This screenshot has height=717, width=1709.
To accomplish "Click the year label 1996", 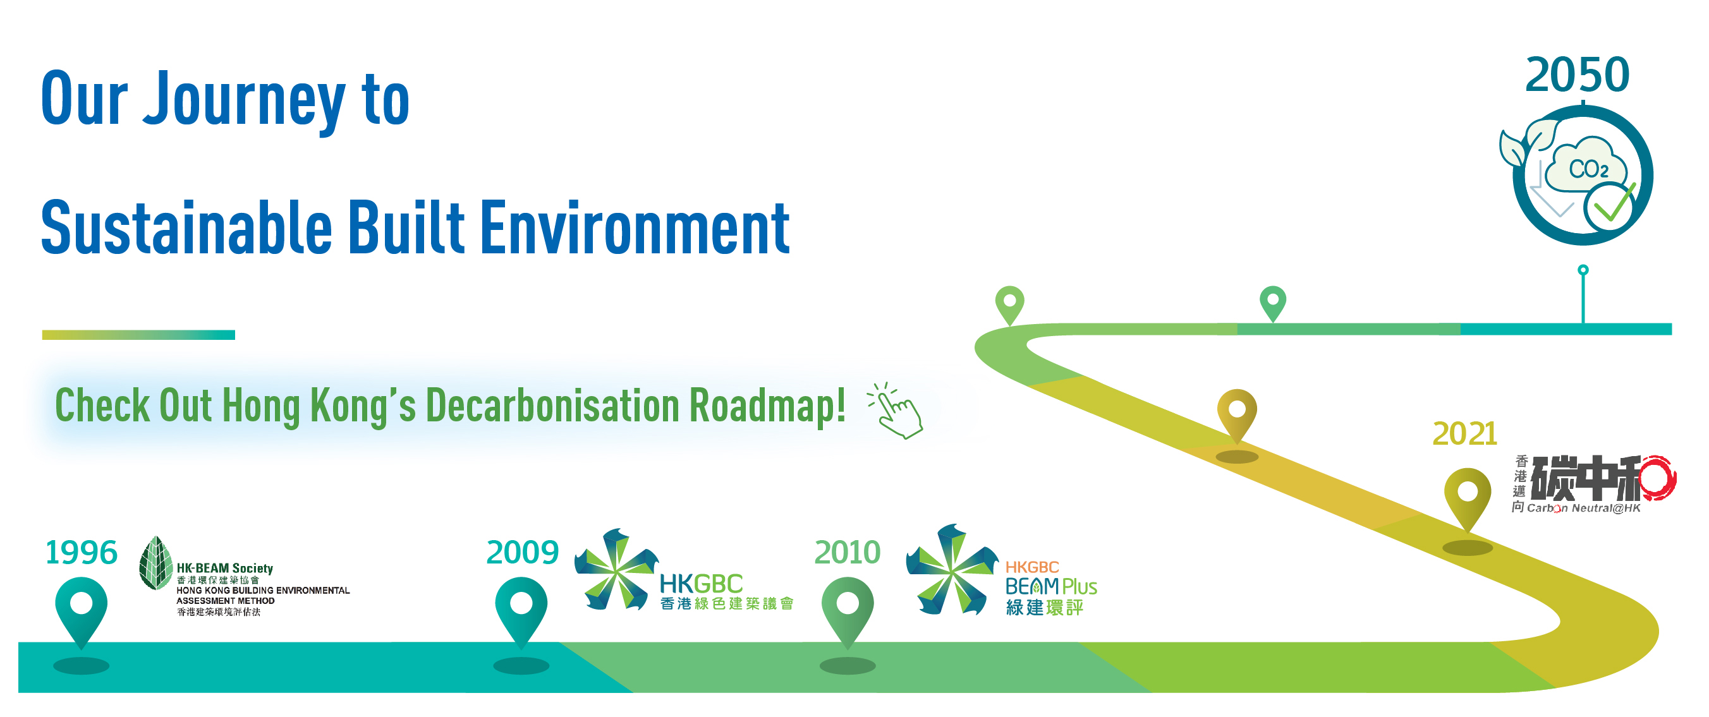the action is [81, 553].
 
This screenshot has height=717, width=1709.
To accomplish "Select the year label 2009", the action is [522, 553].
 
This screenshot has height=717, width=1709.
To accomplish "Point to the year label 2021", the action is [1465, 434].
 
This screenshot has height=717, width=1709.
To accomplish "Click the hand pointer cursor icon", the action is [896, 411].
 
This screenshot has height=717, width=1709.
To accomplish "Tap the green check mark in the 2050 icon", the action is [1615, 204].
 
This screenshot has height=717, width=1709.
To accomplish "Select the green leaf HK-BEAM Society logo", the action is [156, 563].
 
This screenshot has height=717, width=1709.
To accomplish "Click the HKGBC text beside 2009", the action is [702, 584].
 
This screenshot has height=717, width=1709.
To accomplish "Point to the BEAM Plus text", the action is [1051, 586].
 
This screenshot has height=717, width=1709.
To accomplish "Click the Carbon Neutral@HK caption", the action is [1584, 508].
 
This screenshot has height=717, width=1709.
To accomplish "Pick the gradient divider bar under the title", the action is [138, 335].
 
